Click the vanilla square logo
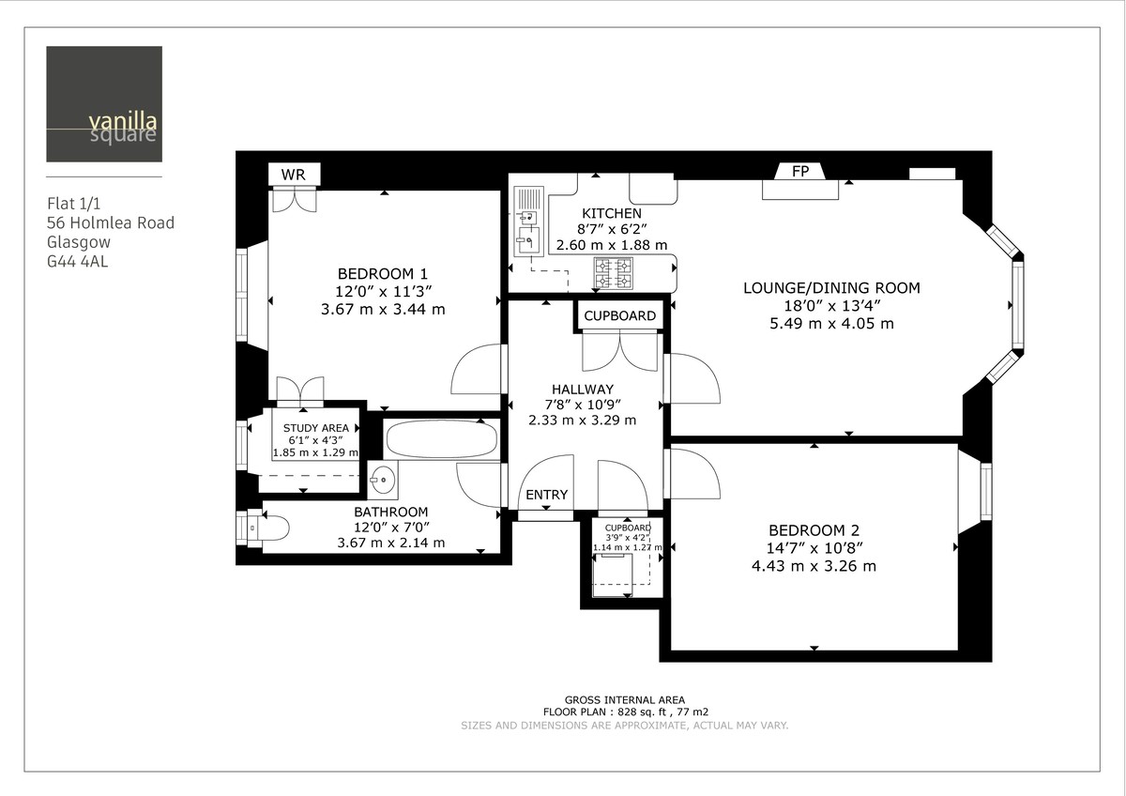pos(103,104)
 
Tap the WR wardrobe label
pos(294,176)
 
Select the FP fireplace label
pos(800,172)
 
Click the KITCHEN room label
pos(612,214)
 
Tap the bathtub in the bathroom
pos(443,439)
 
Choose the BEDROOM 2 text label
pos(814,529)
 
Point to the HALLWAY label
pos(582,389)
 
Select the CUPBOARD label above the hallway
pos(619,315)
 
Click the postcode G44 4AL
pos(77,262)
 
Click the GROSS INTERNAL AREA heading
pos(624,699)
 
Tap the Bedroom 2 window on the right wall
pos(985,491)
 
